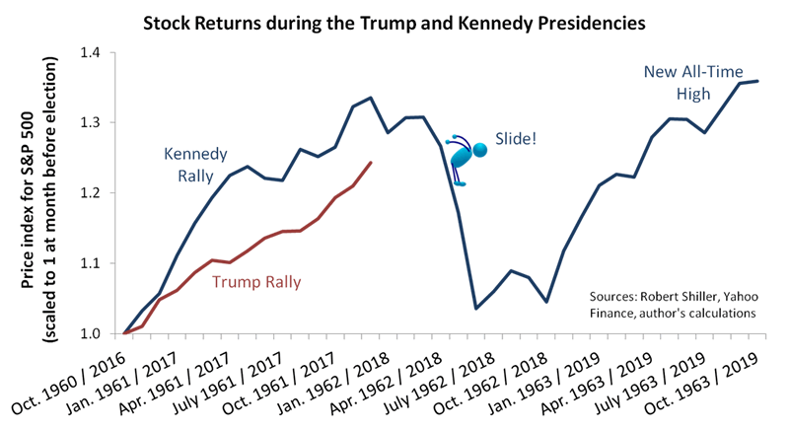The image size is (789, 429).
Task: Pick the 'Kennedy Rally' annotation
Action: (195, 165)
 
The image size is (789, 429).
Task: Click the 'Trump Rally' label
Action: (256, 281)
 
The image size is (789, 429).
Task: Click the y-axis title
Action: (43, 193)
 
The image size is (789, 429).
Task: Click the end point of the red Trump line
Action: (371, 163)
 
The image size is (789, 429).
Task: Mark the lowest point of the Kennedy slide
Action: (475, 309)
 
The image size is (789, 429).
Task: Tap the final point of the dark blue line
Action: (757, 81)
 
